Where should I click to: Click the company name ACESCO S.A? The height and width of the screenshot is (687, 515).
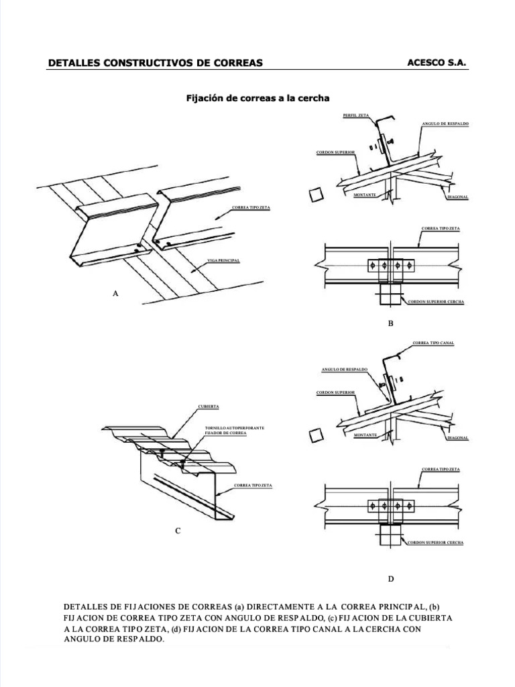436,62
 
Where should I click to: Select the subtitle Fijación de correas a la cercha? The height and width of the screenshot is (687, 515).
257,98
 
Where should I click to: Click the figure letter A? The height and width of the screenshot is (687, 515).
116,293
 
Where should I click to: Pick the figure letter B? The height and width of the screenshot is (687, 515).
390,323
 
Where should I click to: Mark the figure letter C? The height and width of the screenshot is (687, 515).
178,531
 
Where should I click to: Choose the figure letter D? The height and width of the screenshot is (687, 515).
390,578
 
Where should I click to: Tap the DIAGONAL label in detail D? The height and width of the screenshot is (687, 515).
457,438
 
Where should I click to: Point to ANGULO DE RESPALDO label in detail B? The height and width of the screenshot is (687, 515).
445,125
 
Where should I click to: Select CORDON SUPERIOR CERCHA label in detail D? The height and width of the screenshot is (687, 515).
436,541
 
